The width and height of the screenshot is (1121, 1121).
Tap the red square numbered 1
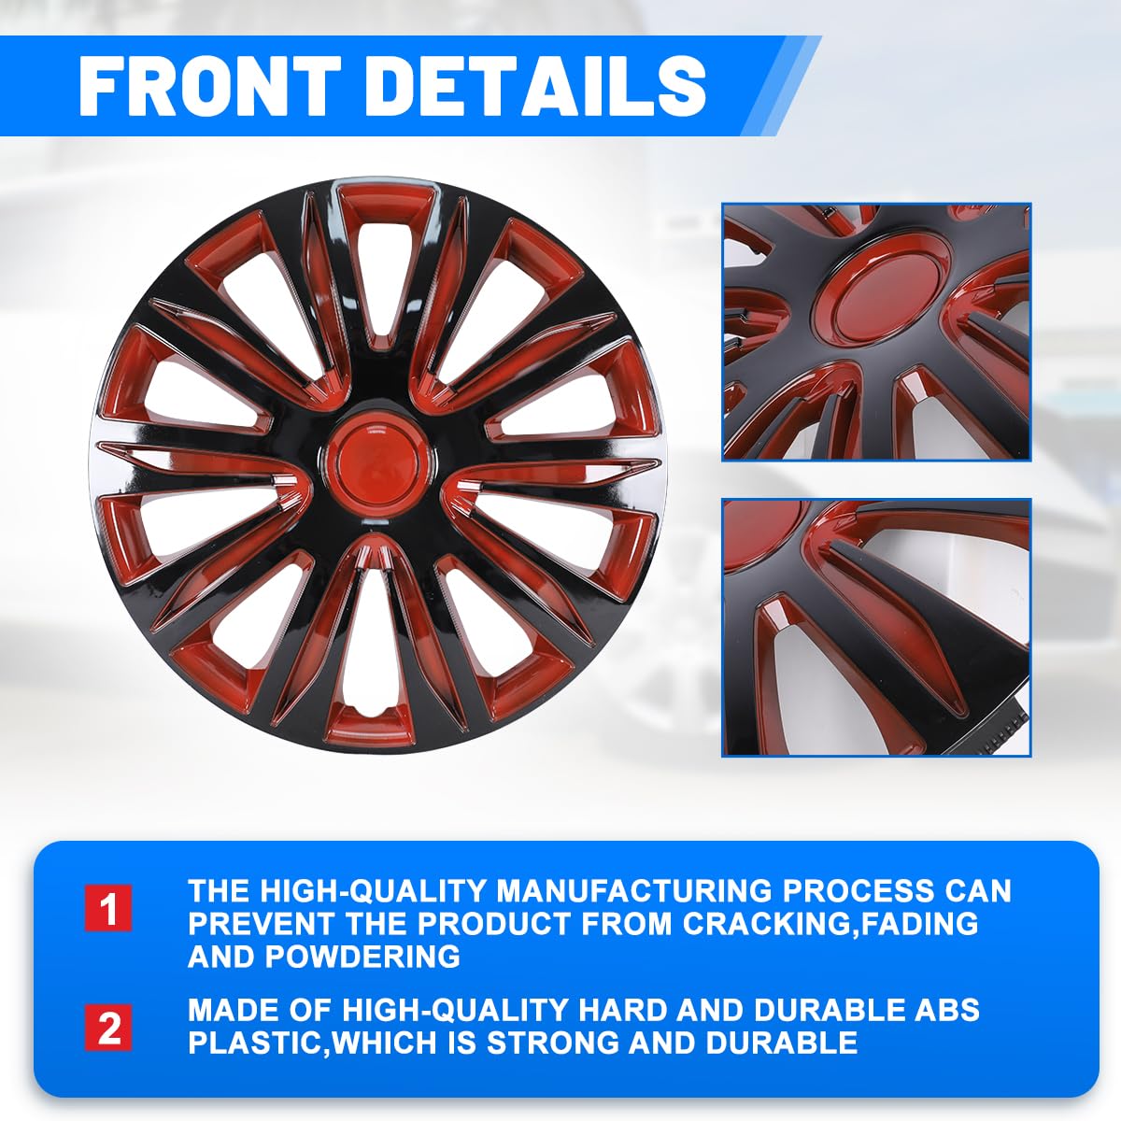108,907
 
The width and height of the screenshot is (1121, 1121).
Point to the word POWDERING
362,957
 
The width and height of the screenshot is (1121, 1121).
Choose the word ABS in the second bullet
947,1010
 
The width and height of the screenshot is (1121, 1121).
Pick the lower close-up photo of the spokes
876,626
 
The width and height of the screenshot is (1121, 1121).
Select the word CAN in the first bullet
981,890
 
